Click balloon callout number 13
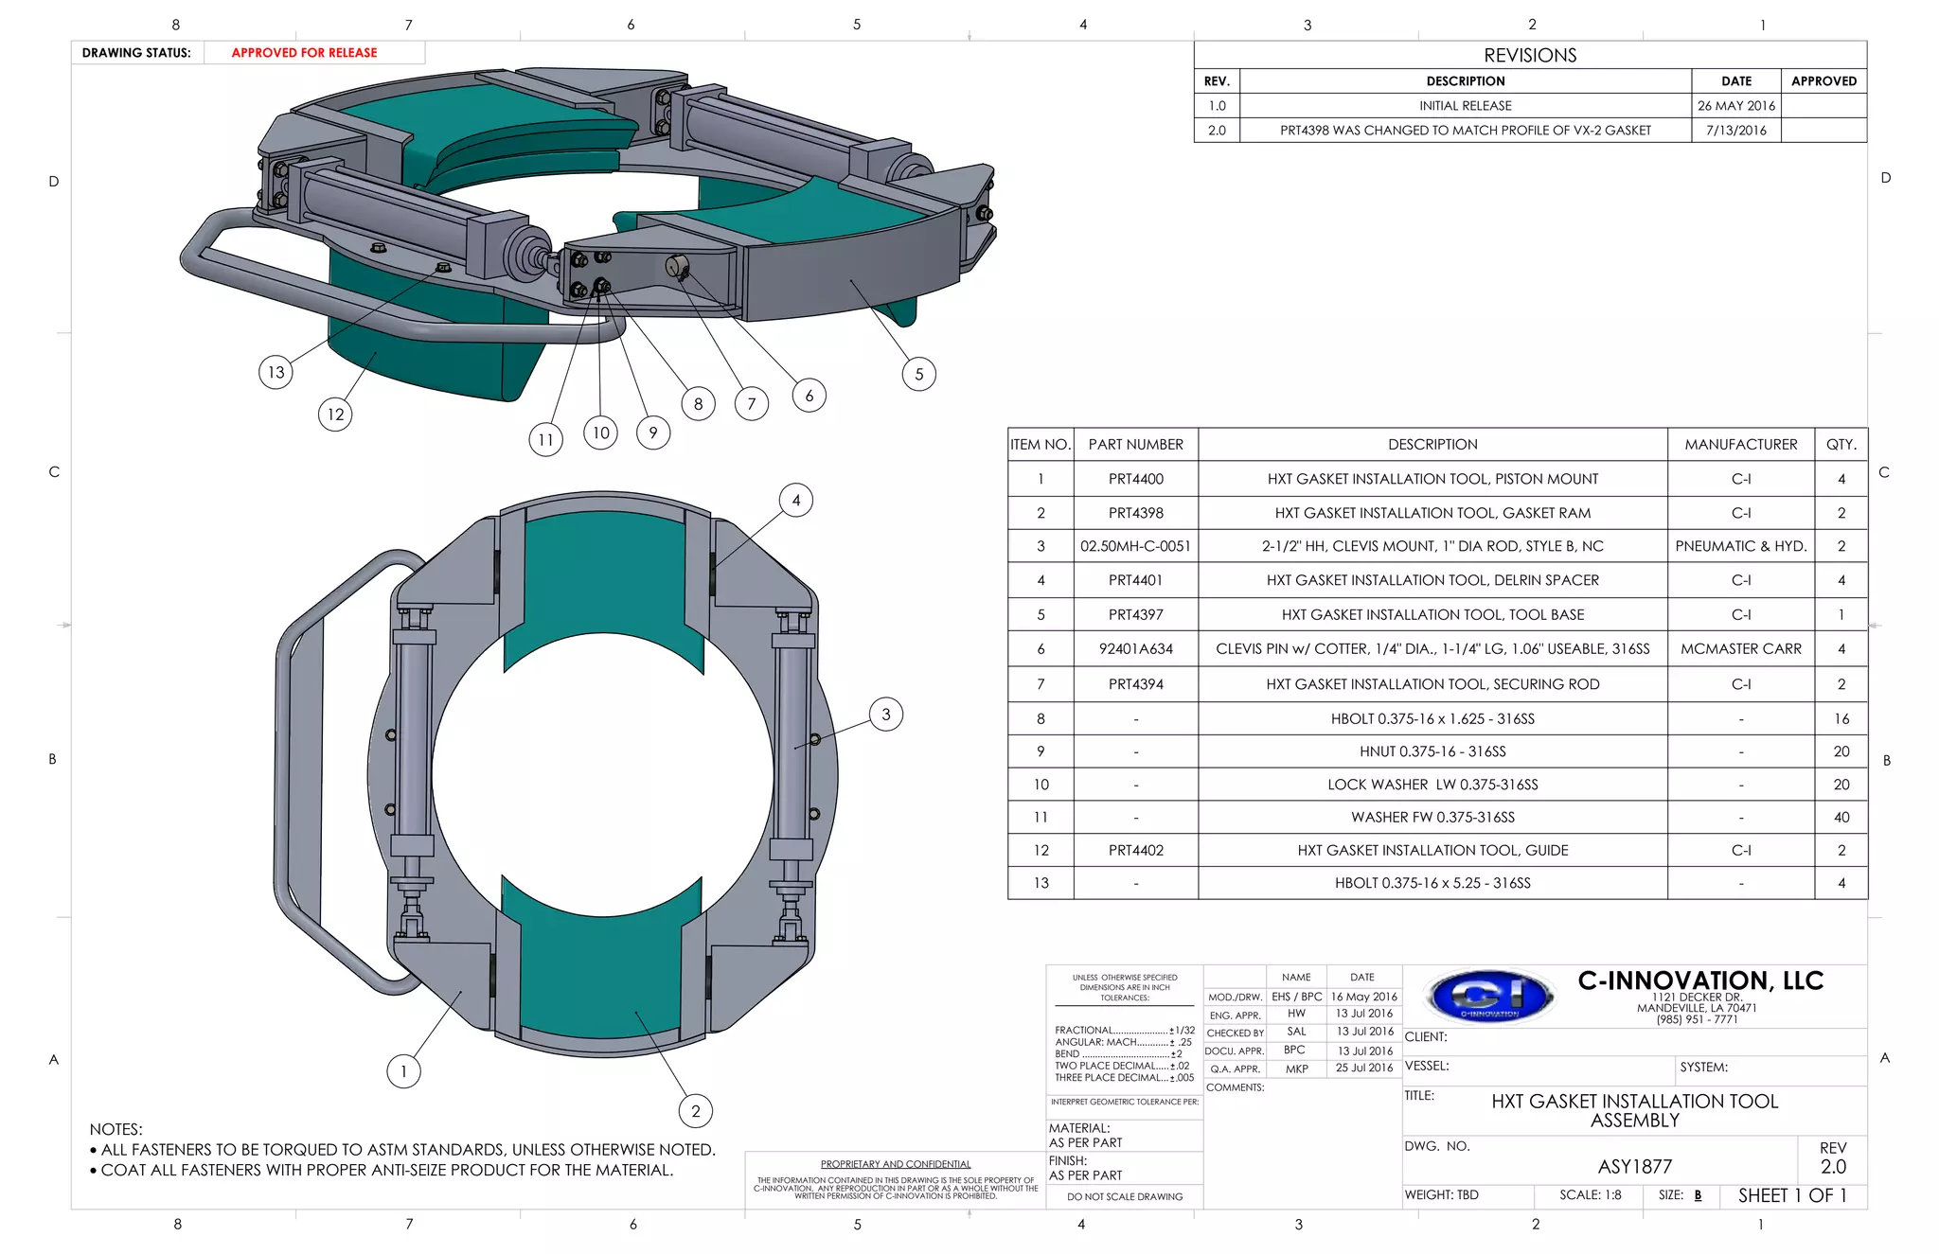coord(276,372)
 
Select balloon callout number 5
coord(918,374)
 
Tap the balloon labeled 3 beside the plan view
coord(885,715)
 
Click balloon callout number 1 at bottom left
coord(403,1071)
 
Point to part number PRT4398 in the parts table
coord(1135,513)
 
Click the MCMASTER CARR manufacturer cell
coord(1740,648)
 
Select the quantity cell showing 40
coord(1841,817)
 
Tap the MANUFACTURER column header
coord(1740,444)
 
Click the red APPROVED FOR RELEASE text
coord(304,53)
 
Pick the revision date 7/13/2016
coord(1735,131)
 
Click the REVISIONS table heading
coord(1530,55)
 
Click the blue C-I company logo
coord(1490,997)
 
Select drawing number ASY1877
coord(1634,1167)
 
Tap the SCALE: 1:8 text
coord(1590,1195)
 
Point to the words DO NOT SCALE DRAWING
coord(1124,1197)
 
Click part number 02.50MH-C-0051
coord(1135,546)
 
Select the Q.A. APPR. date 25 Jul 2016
coord(1363,1069)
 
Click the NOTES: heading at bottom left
coord(116,1129)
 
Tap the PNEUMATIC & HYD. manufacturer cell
coord(1740,546)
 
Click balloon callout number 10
coord(600,433)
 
